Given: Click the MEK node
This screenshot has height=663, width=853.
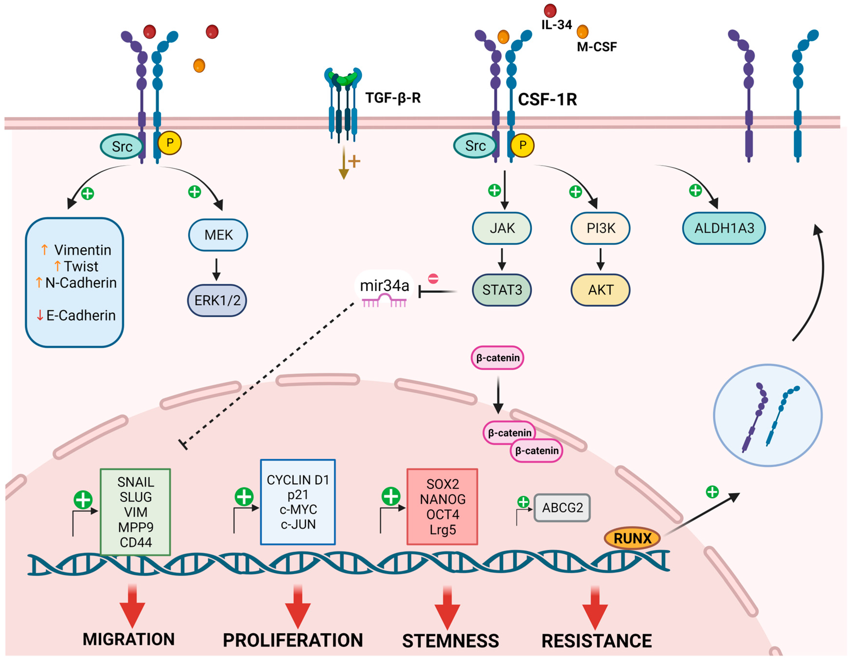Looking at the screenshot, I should (218, 235).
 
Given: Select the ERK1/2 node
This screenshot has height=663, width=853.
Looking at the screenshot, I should (217, 300).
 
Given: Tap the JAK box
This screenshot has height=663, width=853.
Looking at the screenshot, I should (502, 228).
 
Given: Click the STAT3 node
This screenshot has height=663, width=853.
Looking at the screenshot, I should (502, 290).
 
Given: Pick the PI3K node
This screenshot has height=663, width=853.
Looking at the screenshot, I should (600, 228).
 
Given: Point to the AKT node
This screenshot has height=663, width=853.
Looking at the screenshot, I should (600, 290).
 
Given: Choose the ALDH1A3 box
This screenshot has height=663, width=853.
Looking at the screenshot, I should (724, 228).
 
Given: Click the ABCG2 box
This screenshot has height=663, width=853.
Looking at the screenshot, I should (562, 507).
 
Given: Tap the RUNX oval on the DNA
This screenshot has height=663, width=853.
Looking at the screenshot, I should (632, 538).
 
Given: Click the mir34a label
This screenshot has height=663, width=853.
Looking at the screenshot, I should (384, 286).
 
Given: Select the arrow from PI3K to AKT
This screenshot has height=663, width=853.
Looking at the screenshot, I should (600, 259).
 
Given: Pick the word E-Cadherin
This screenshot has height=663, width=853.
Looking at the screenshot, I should (81, 315).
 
